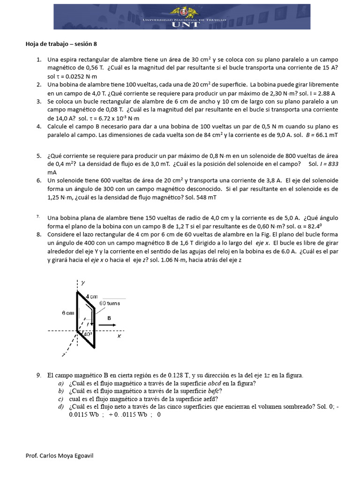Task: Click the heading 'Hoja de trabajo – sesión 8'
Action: coord(61,44)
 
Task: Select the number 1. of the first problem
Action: coord(39,60)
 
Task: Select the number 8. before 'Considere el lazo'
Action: coord(39,234)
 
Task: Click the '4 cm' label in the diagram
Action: coord(91,296)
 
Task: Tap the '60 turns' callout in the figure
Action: coord(109,303)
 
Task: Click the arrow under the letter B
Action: coord(109,324)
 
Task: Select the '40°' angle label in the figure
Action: coord(88,334)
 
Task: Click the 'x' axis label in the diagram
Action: coord(119,336)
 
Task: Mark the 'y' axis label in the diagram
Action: coord(82,283)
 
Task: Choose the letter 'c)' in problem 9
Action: coord(61,399)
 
